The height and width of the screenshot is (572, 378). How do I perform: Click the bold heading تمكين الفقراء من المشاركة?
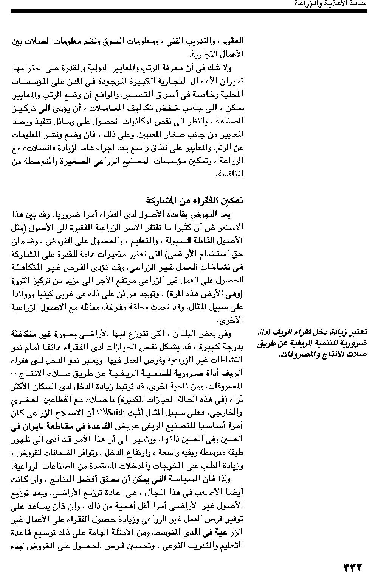click(195, 200)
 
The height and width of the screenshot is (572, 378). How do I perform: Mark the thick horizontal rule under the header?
click(189, 11)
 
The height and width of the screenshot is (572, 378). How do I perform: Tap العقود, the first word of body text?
click(234, 41)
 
